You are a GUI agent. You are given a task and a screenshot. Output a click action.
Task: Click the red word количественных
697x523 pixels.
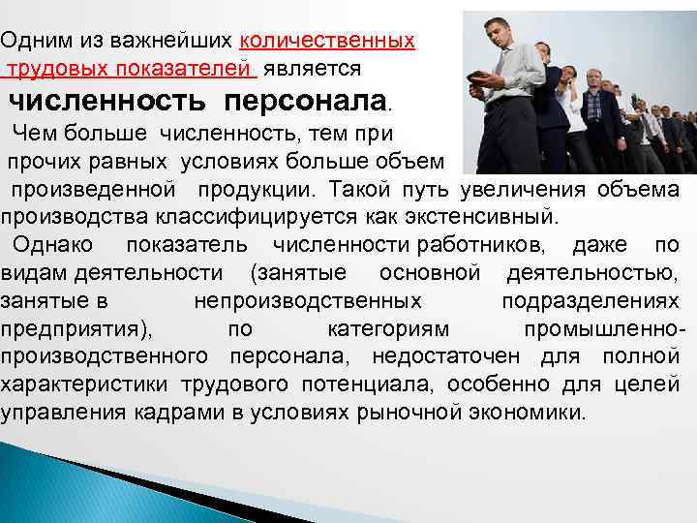pyautogui.click(x=327, y=41)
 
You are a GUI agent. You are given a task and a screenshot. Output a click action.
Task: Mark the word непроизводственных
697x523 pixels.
pyautogui.click(x=307, y=300)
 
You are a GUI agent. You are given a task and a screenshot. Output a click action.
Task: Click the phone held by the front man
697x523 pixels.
pyautogui.click(x=477, y=77)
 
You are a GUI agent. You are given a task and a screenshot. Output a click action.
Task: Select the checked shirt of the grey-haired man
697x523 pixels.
pyautogui.click(x=592, y=107)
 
